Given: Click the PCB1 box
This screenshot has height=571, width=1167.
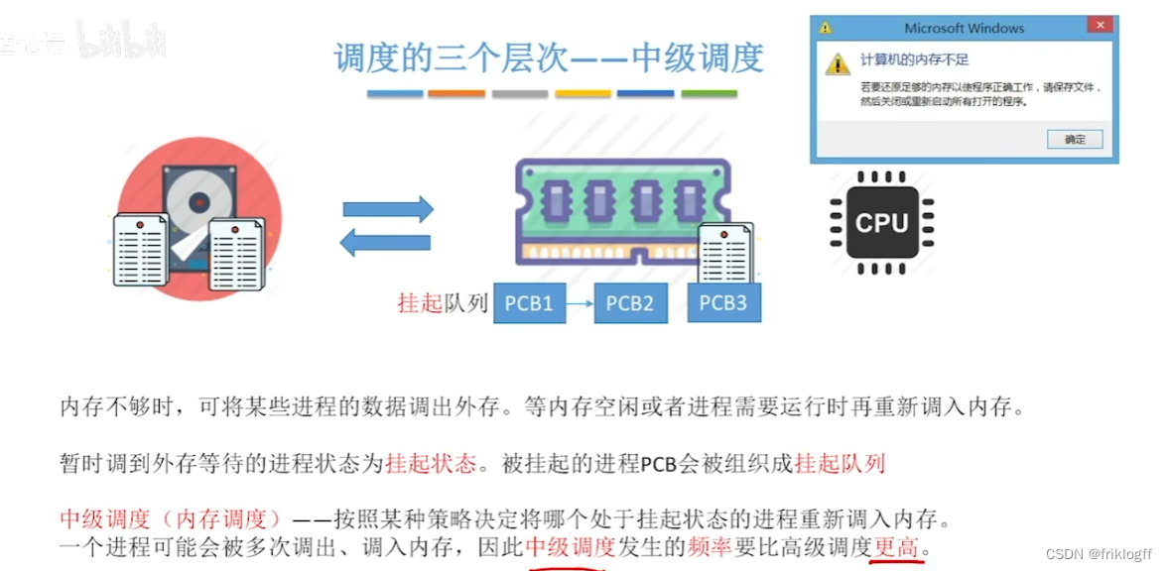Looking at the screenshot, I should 529,303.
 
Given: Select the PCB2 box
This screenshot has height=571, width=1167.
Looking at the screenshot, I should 630,303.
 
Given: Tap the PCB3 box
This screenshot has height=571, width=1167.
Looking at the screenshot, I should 723,302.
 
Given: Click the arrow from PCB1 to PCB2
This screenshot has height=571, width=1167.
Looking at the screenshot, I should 580,303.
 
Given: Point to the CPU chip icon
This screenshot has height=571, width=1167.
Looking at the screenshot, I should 882,223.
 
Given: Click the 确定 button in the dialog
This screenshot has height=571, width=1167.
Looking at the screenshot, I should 1075,140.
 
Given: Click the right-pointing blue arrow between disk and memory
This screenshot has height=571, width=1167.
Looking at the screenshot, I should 388,209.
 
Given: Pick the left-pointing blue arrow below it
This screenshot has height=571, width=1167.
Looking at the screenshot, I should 386,241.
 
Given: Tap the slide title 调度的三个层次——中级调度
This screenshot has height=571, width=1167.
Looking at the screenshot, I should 549,57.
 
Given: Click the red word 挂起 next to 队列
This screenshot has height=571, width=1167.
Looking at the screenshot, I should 419,303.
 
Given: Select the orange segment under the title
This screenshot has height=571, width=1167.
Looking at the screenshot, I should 456,94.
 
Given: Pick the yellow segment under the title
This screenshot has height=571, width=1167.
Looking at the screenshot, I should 583,94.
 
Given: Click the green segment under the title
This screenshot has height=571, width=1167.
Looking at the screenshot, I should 709,94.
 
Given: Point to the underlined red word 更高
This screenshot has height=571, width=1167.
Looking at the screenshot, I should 896,547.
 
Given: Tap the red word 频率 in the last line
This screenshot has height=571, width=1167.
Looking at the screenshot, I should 712,547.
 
